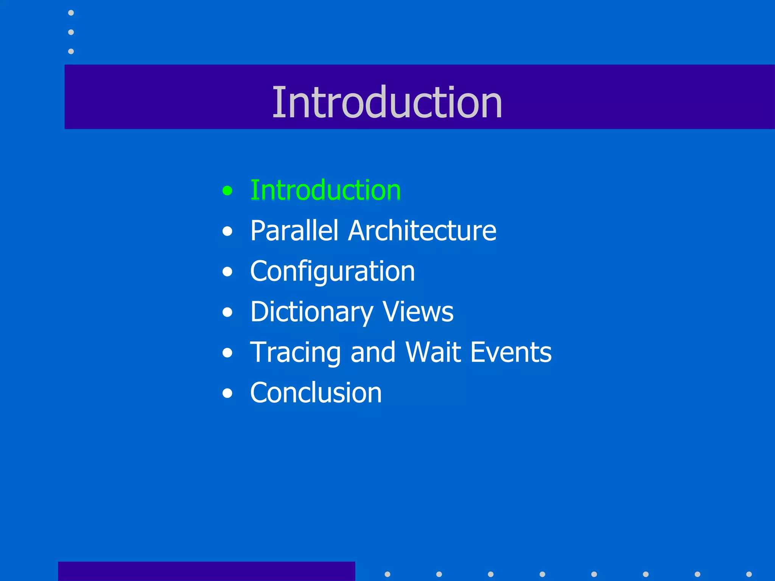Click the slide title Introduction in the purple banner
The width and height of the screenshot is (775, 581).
[x=387, y=102]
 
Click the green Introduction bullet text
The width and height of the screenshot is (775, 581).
[x=325, y=190]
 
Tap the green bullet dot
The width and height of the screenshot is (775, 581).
[x=227, y=191]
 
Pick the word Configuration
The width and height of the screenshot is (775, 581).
[x=332, y=272]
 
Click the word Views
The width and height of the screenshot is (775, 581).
[x=418, y=312]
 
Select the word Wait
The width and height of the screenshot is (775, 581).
[x=433, y=352]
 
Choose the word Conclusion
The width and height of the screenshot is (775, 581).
[x=316, y=393]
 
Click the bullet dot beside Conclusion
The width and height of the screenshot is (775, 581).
[x=227, y=393]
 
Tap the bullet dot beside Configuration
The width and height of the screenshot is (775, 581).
[x=227, y=272]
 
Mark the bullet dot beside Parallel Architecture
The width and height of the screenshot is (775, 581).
[x=227, y=231]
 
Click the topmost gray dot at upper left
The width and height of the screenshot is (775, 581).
[x=71, y=13]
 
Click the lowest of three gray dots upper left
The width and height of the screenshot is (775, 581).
[x=71, y=51]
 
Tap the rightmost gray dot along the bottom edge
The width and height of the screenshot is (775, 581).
[x=749, y=574]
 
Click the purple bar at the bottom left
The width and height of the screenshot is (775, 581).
[x=206, y=571]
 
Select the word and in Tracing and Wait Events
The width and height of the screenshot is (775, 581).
[x=373, y=352]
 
